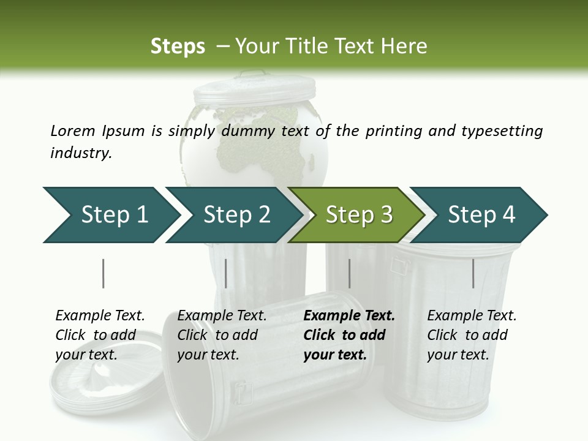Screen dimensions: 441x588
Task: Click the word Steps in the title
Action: pos(178,47)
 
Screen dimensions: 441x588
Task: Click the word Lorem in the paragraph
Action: pos(73,130)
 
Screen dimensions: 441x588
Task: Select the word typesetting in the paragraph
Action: pos(502,131)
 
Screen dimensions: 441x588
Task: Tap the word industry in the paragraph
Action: pos(81,153)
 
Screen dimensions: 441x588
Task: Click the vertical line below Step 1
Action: pos(103,273)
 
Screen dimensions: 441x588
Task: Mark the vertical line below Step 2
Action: pos(226,273)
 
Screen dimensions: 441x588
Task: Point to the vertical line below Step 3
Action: pos(349,273)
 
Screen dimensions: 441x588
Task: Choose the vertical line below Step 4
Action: pos(473,273)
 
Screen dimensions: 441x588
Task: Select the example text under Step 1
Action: pos(100,335)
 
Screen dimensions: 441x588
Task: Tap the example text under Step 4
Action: pos(472,335)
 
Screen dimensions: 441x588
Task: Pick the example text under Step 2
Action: pos(222,335)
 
